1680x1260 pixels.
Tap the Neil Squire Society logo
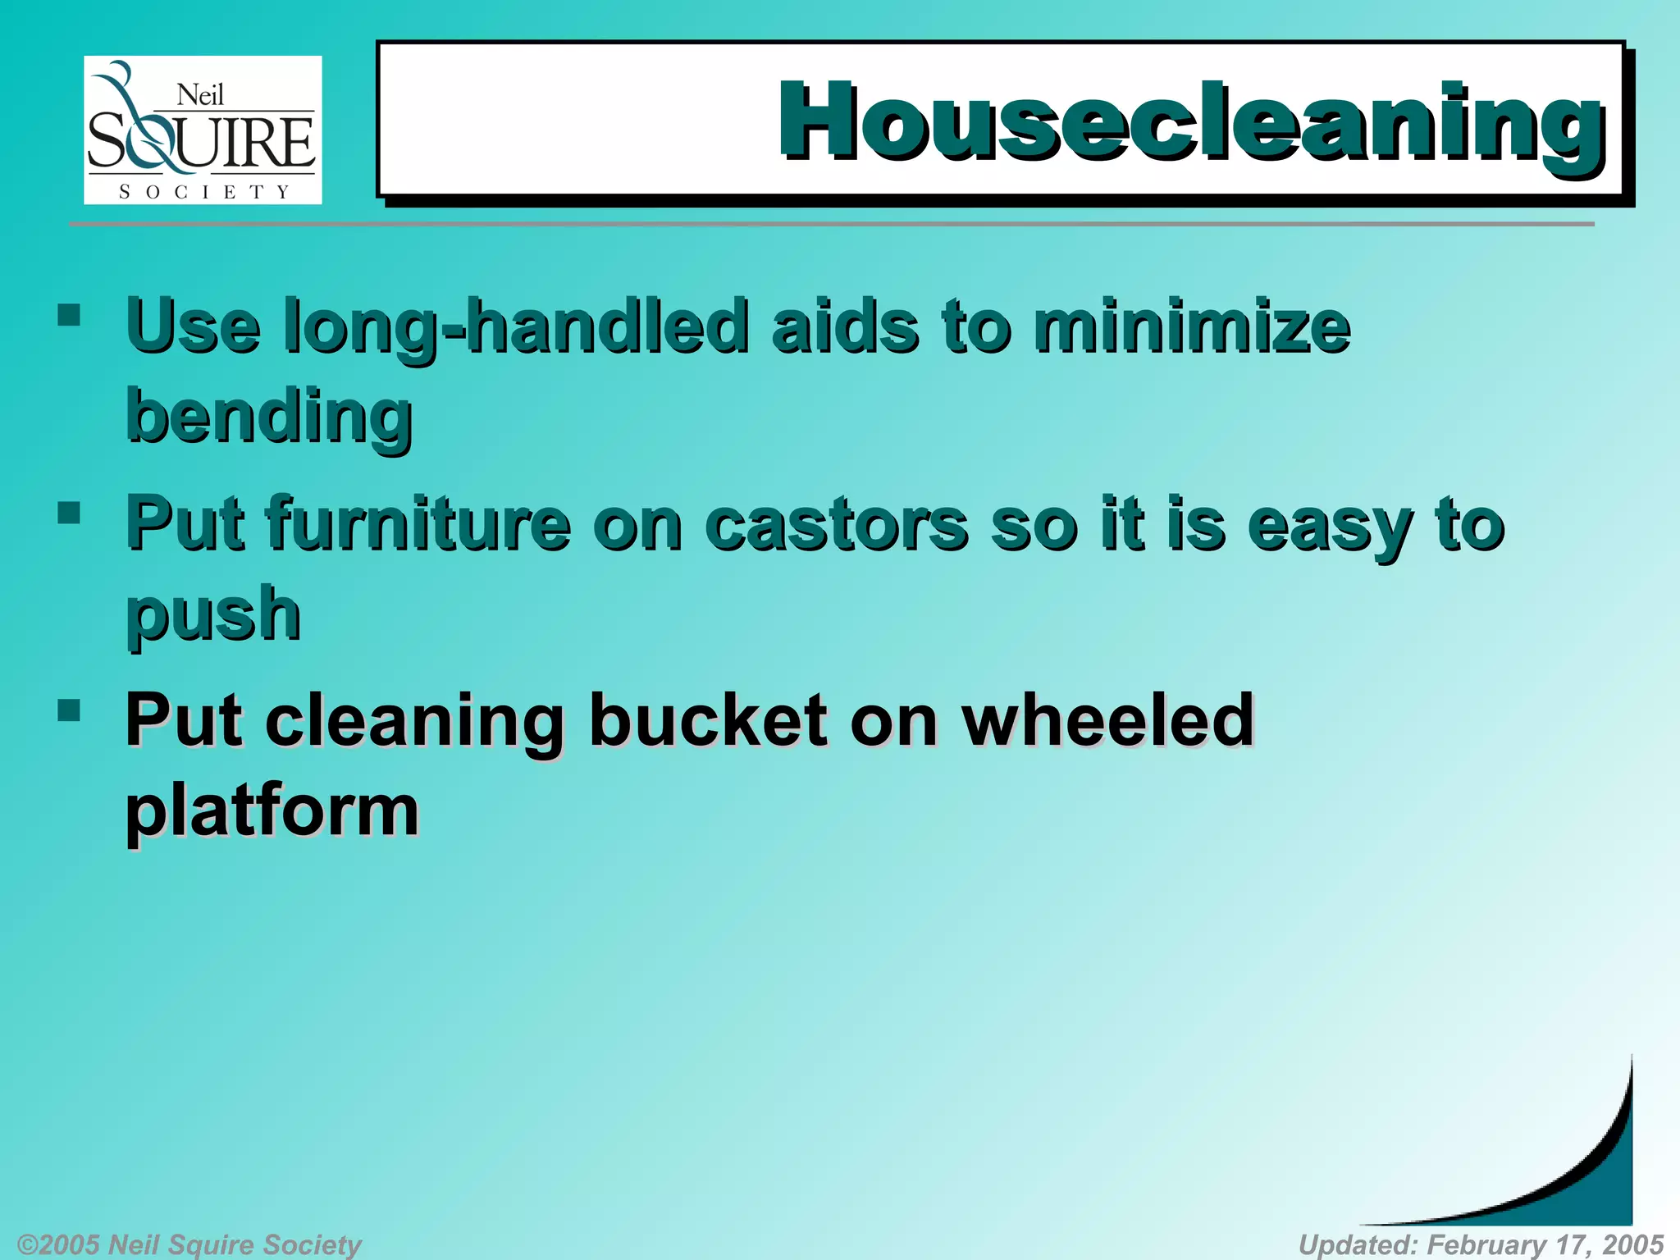203,130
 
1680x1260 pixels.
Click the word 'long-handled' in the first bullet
515,328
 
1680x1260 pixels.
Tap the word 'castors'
837,525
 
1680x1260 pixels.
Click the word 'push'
213,615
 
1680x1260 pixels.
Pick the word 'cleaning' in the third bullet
414,722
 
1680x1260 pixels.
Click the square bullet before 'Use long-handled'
70,316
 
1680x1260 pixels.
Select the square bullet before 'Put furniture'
70,514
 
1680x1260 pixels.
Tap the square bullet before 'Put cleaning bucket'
70,710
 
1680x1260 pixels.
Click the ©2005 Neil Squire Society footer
189,1244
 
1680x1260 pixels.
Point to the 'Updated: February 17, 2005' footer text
1481,1244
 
